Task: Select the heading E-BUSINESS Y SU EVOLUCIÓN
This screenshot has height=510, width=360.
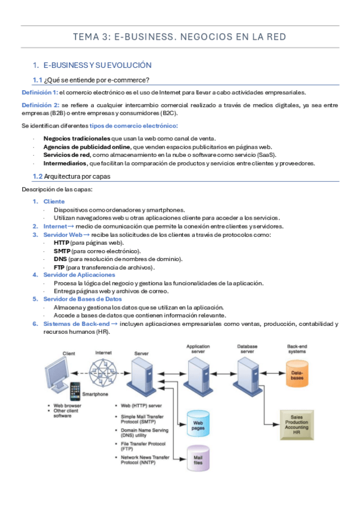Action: coord(97,66)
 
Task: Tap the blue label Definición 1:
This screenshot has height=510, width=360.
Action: coord(40,93)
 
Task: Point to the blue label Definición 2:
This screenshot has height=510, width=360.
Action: coord(40,105)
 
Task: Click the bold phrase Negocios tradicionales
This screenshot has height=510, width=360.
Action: coord(77,138)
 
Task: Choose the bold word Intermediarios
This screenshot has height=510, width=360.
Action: coord(66,163)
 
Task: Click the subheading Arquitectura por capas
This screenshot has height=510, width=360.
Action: coord(77,176)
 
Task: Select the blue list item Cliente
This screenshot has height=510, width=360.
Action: coord(54,201)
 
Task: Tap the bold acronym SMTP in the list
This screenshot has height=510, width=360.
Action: coord(62,251)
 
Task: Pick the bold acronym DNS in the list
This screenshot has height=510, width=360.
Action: coord(61,259)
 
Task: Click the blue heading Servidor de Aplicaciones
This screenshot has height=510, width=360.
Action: coord(79,275)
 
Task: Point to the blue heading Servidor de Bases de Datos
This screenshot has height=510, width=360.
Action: coord(82,299)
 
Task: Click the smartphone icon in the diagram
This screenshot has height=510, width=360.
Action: coord(75,392)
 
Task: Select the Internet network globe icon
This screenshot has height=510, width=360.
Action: coord(103,373)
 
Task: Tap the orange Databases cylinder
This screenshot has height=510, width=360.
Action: coord(297,373)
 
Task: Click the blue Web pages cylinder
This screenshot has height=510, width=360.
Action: coord(198,423)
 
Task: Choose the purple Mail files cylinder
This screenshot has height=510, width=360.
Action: coord(198,458)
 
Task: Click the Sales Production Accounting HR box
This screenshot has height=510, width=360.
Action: coord(297,425)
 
